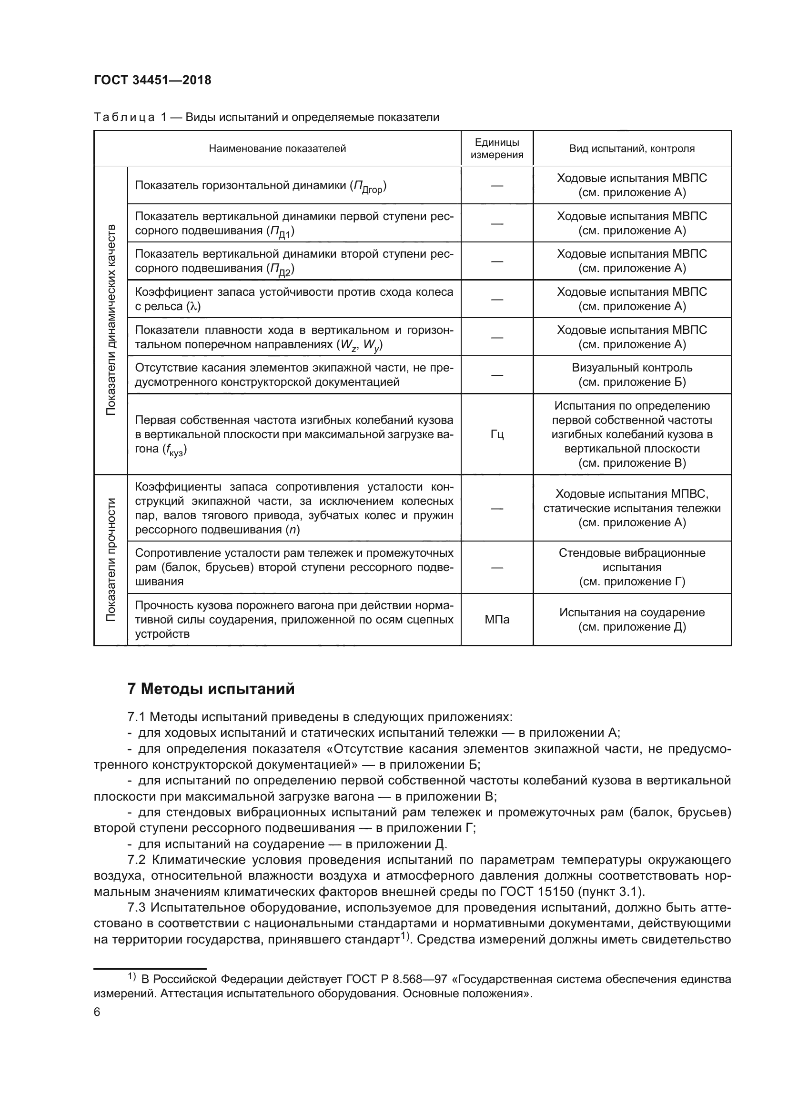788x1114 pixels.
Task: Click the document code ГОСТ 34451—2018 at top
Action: click(152, 80)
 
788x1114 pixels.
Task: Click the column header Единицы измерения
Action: click(496, 149)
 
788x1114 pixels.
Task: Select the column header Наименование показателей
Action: click(277, 149)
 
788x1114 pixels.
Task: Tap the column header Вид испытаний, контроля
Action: click(631, 149)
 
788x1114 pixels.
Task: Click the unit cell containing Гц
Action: click(496, 434)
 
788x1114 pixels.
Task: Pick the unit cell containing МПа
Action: click(496, 620)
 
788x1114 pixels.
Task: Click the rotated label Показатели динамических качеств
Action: click(111, 320)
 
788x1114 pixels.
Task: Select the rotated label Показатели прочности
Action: click(111, 560)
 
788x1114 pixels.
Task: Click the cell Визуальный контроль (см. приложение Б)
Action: click(631, 374)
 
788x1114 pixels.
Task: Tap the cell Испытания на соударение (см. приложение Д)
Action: click(631, 620)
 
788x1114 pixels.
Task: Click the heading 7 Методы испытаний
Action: click(211, 689)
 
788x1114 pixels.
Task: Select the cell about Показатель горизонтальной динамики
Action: click(261, 186)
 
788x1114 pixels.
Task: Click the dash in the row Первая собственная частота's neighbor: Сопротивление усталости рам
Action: click(496, 567)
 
